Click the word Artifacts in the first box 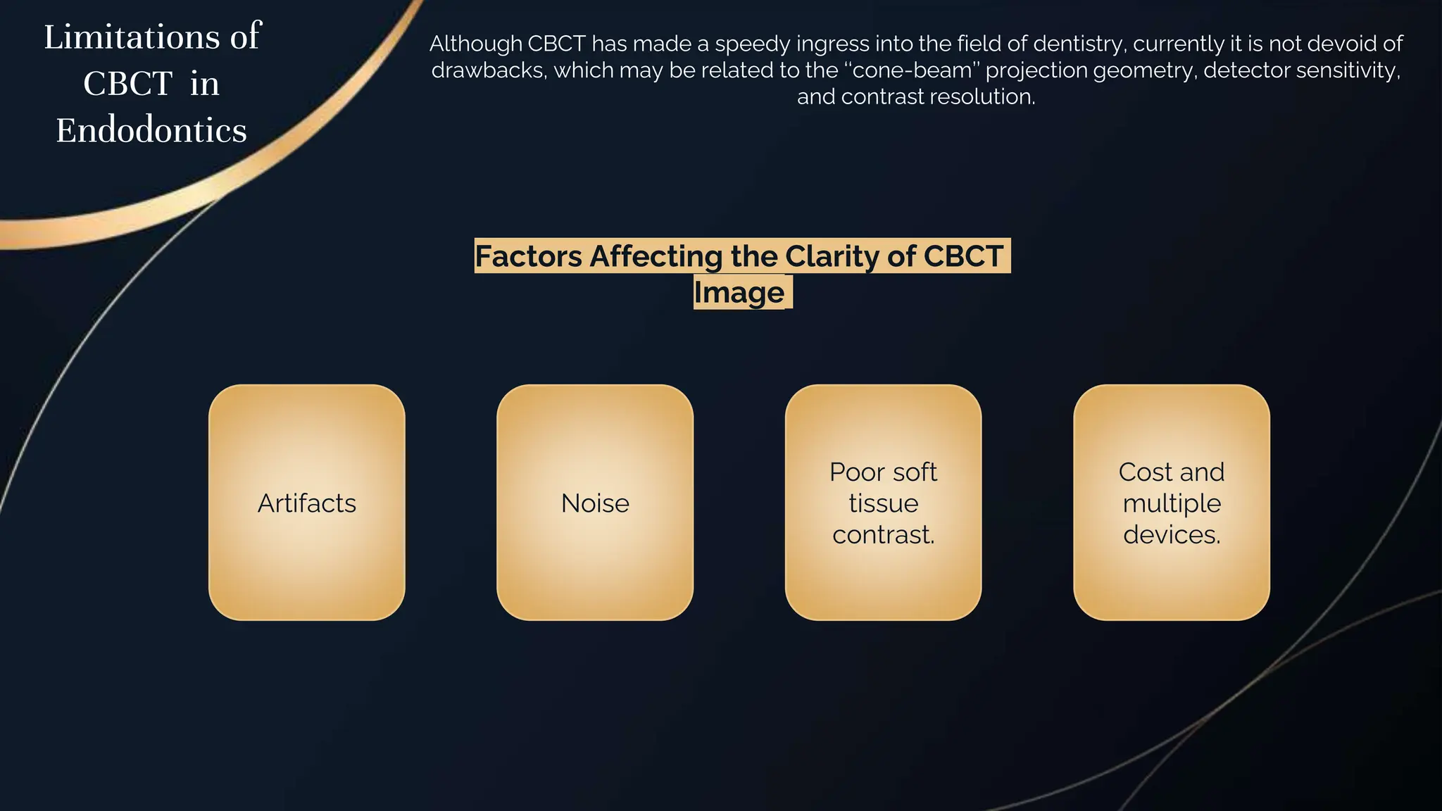coord(306,503)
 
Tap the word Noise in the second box coord(595,503)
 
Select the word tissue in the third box coord(883,503)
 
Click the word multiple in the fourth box coord(1172,503)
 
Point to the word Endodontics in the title coord(151,130)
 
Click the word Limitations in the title coord(132,37)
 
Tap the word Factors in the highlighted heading coord(528,256)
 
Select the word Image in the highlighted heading coord(739,292)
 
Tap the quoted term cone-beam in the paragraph coord(913,70)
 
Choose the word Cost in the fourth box coord(1144,472)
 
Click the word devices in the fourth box coord(1170,535)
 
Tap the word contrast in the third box coord(882,535)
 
